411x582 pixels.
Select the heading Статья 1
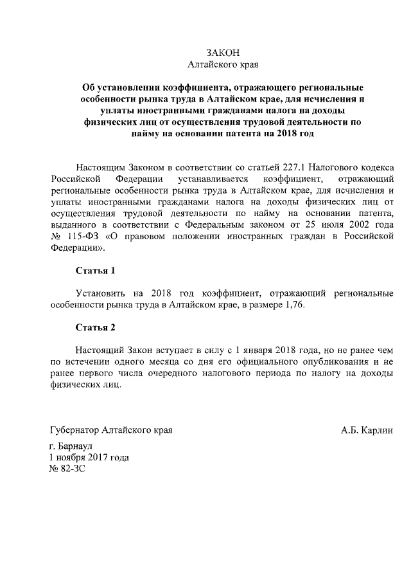95,271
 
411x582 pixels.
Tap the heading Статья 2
95,327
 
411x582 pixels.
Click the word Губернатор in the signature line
74,430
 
